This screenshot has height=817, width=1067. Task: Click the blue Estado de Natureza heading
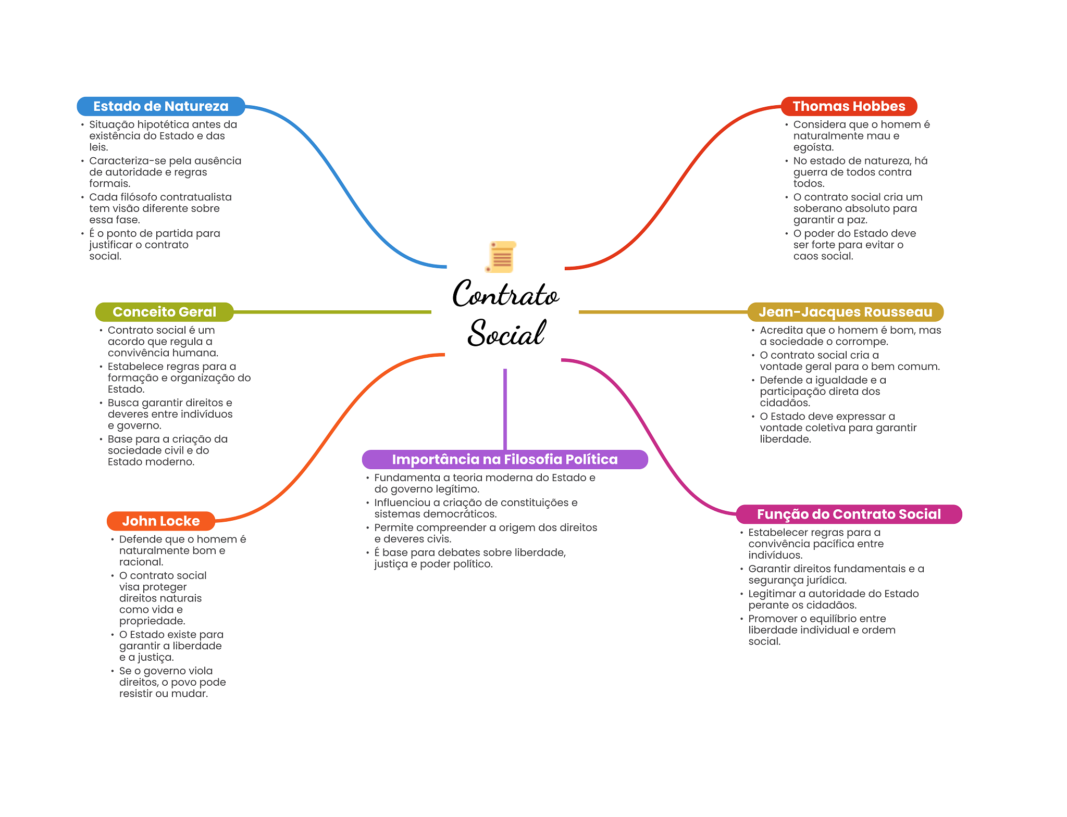point(161,106)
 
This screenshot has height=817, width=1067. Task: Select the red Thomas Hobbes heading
point(849,106)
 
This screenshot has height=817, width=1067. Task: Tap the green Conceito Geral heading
point(164,312)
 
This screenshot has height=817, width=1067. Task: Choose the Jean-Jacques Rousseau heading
point(845,312)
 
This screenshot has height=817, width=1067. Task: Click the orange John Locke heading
point(161,521)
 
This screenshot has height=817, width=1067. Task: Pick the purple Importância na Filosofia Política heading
point(505,459)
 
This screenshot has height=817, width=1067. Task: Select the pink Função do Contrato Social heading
point(849,514)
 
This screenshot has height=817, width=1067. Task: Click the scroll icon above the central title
point(501,257)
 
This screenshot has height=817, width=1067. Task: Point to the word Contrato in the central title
point(506,294)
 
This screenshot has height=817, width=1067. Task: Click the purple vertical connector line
point(505,409)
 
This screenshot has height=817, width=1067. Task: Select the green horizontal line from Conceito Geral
point(332,312)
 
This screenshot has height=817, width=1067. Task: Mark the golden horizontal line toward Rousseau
point(663,312)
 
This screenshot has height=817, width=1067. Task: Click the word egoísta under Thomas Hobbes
point(813,147)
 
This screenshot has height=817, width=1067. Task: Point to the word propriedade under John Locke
point(152,621)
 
